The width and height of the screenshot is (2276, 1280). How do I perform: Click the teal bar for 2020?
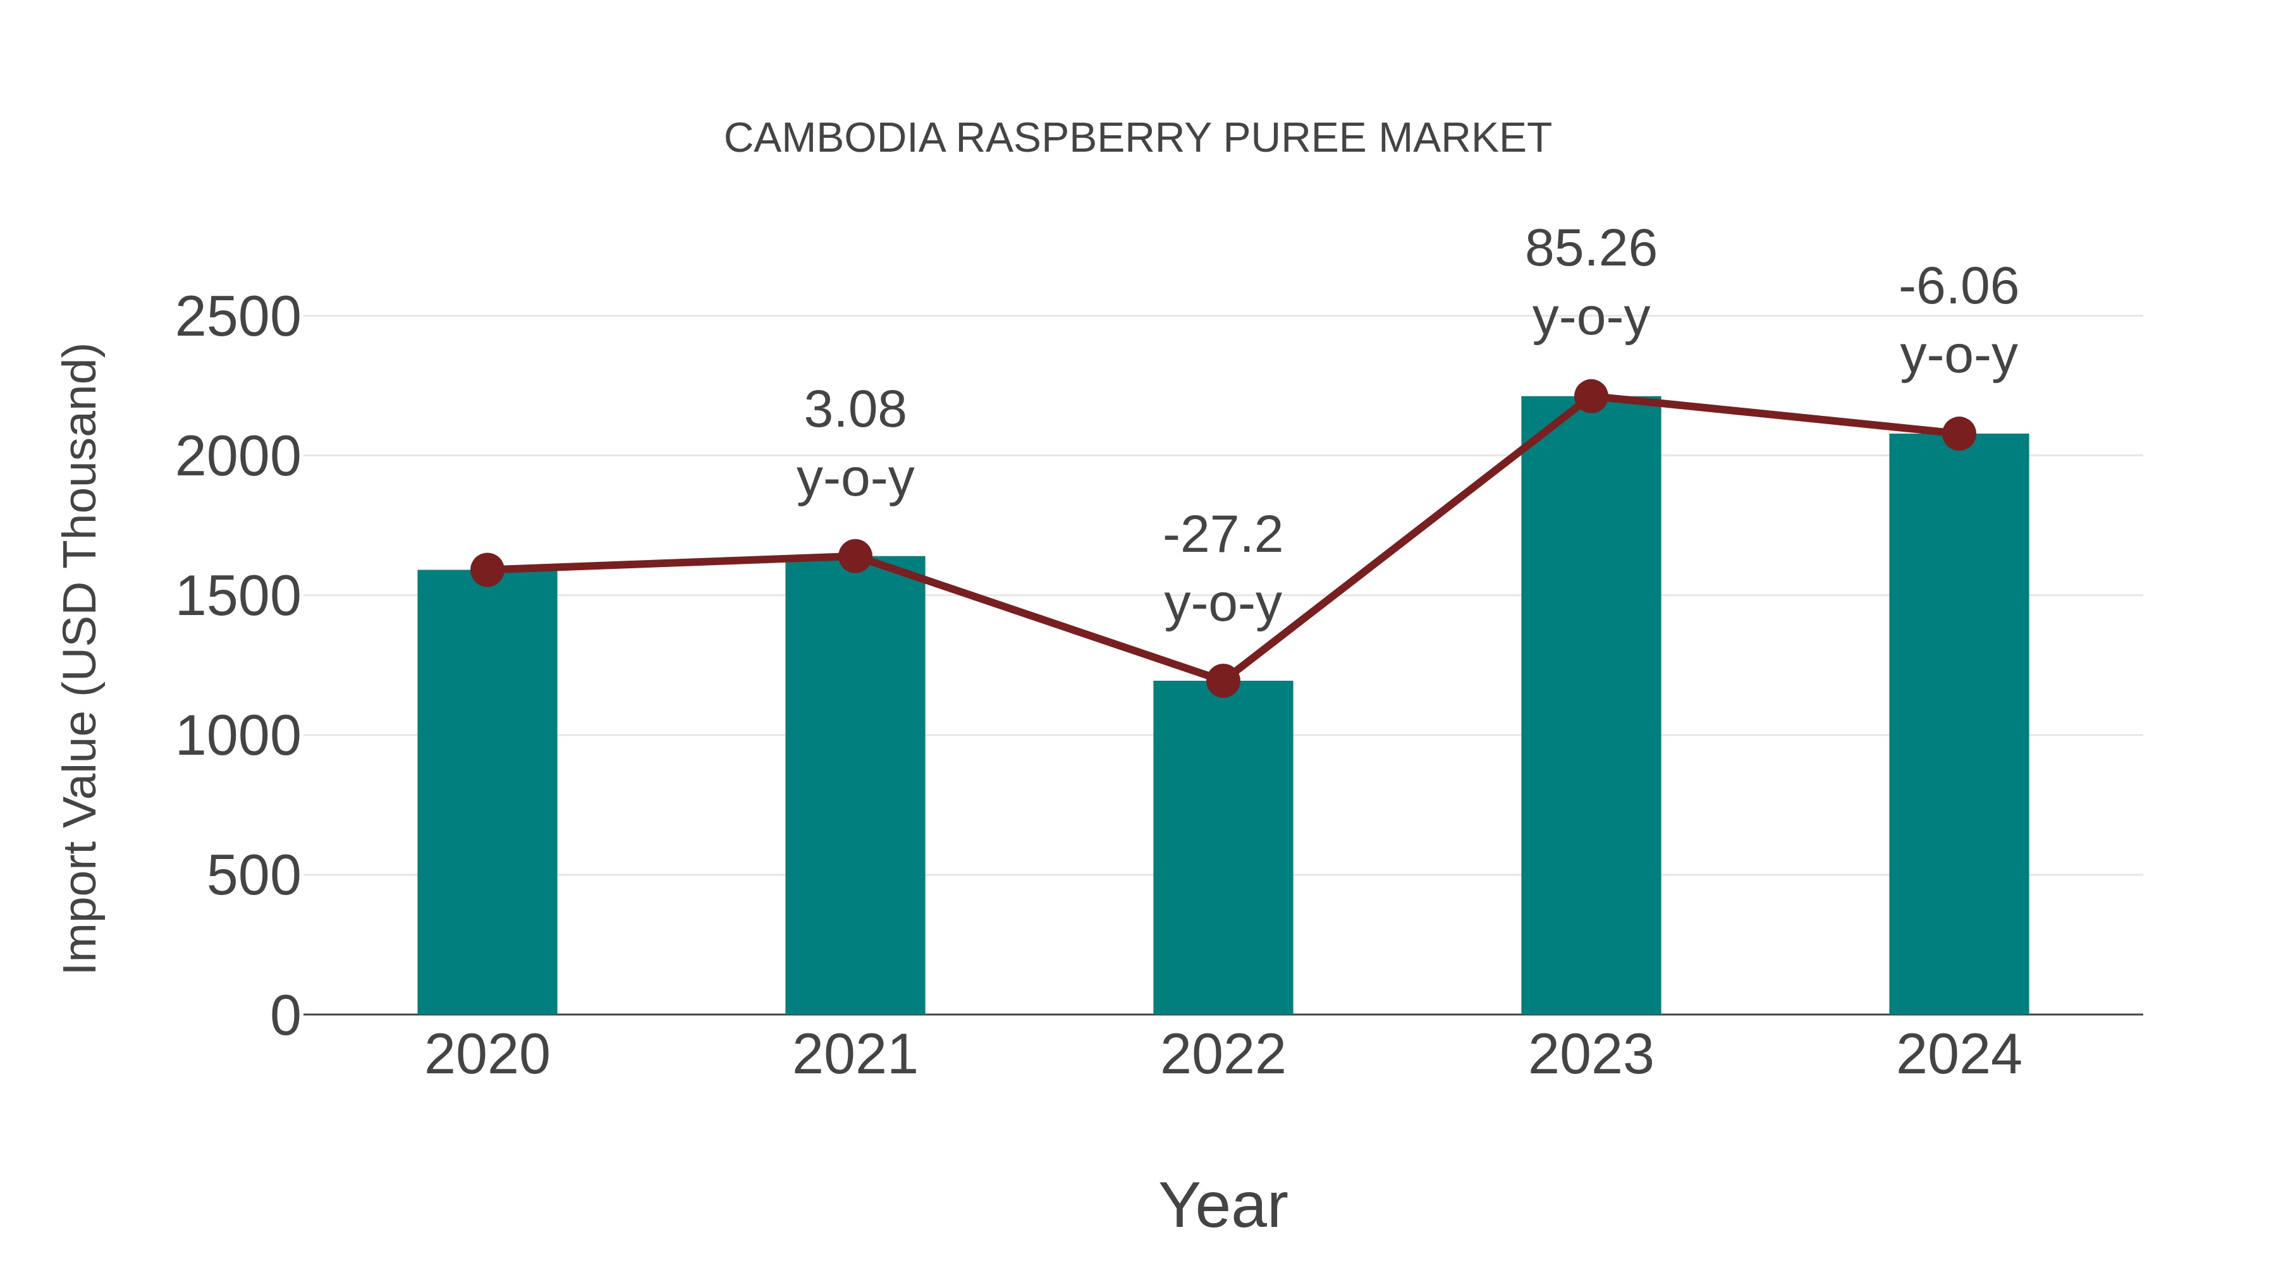click(x=487, y=795)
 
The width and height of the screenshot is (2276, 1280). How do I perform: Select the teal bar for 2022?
click(x=1223, y=848)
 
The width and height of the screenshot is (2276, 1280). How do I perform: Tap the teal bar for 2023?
click(x=1591, y=707)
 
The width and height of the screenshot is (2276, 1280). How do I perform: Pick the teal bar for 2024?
click(x=1959, y=724)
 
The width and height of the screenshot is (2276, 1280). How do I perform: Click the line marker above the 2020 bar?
click(x=487, y=570)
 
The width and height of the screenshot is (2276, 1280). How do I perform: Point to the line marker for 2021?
click(x=854, y=556)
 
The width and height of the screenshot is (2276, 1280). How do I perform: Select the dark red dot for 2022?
click(x=1223, y=681)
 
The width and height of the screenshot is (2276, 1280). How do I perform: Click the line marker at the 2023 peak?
click(x=1591, y=396)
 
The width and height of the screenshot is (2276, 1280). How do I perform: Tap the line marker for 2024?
click(x=1959, y=434)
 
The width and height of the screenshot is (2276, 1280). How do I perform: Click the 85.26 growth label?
click(x=1591, y=249)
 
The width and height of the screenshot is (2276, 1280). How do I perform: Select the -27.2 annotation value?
click(x=1223, y=535)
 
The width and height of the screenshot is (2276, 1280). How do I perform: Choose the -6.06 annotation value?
click(x=1959, y=287)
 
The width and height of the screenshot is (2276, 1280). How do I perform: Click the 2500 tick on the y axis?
click(x=238, y=317)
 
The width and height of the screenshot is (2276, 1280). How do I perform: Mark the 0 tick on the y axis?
click(x=284, y=1016)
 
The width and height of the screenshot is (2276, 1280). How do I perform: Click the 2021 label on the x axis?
click(x=854, y=1055)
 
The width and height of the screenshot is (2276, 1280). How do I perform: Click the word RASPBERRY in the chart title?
click(x=1083, y=138)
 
